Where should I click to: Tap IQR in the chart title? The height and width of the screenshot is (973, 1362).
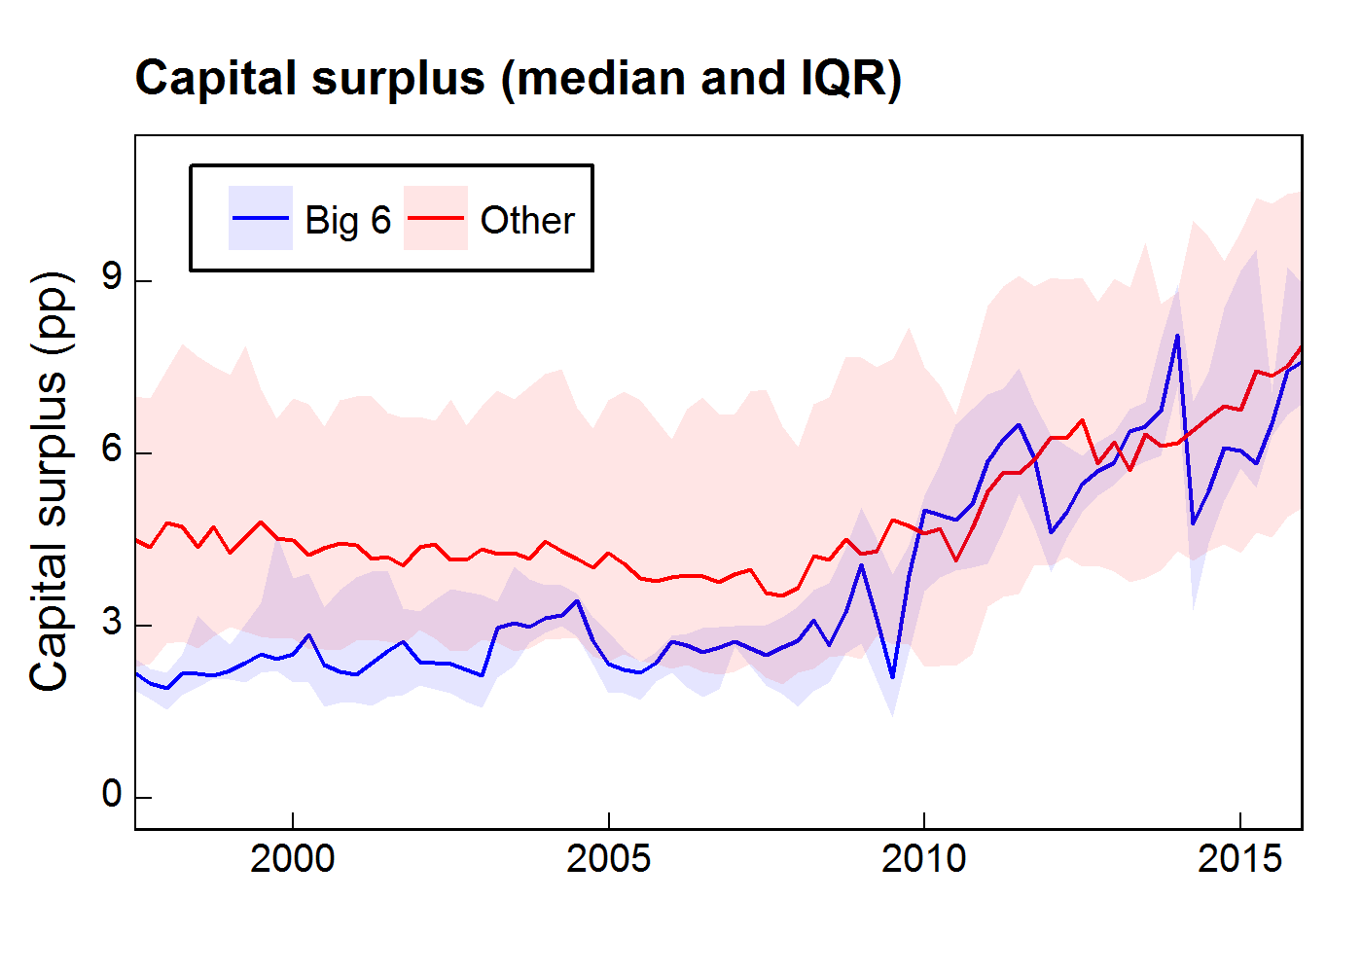pos(842,79)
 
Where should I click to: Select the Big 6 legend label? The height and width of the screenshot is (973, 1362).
pos(347,220)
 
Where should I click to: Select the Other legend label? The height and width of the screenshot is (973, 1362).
pos(527,220)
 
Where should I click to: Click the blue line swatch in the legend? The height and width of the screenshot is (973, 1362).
pos(261,219)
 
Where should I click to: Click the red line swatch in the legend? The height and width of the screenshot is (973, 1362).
pos(436,219)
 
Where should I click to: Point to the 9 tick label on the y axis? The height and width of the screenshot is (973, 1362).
pos(113,279)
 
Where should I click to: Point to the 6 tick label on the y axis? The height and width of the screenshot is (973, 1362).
pos(113,451)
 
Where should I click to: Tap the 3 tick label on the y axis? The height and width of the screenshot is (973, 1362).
pos(113,624)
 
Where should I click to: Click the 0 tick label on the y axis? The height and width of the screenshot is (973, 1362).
pos(113,796)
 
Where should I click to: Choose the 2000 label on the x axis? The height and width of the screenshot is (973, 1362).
pos(293,859)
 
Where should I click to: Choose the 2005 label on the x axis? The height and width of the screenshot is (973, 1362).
pos(609,859)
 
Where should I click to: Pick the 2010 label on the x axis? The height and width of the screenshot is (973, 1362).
pos(924,859)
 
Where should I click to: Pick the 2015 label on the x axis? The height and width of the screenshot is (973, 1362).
pos(1240,859)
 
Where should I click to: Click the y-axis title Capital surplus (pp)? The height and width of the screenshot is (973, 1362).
pos(49,483)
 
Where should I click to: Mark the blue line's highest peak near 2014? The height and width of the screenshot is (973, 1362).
pos(1177,336)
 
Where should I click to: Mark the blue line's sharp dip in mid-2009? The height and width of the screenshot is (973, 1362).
pos(892,676)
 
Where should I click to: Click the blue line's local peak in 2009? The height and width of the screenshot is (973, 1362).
pos(861,565)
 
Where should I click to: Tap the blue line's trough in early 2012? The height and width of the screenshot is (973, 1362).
pos(1051,532)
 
